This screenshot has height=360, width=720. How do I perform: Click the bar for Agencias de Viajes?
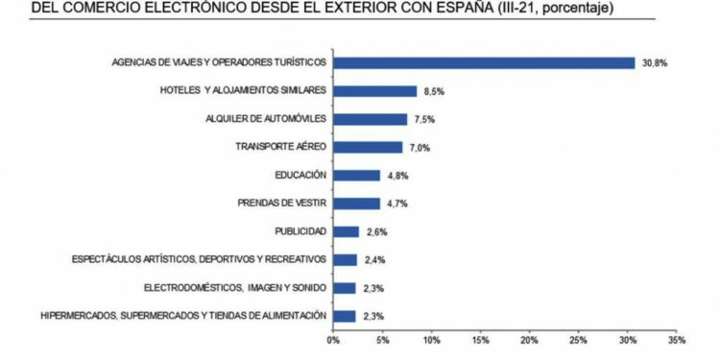[483, 62]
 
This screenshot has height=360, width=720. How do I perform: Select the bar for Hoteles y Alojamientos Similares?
[374, 90]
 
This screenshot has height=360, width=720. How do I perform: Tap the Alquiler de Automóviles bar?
[370, 119]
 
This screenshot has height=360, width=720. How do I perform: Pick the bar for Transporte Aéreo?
[367, 147]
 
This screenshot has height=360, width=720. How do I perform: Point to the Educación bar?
[356, 175]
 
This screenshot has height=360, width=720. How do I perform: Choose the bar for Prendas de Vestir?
[356, 204]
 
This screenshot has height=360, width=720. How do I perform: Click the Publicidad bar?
[346, 231]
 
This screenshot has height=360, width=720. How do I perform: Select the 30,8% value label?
[656, 62]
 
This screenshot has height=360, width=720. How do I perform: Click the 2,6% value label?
[375, 231]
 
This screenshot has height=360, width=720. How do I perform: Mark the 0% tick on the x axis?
[333, 338]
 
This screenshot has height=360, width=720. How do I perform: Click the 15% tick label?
[481, 338]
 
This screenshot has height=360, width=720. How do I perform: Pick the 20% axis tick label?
[530, 338]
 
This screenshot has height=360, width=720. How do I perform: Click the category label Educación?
[300, 175]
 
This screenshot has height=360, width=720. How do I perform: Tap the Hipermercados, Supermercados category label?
[183, 315]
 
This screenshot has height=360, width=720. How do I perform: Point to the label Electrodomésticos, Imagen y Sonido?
[235, 287]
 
